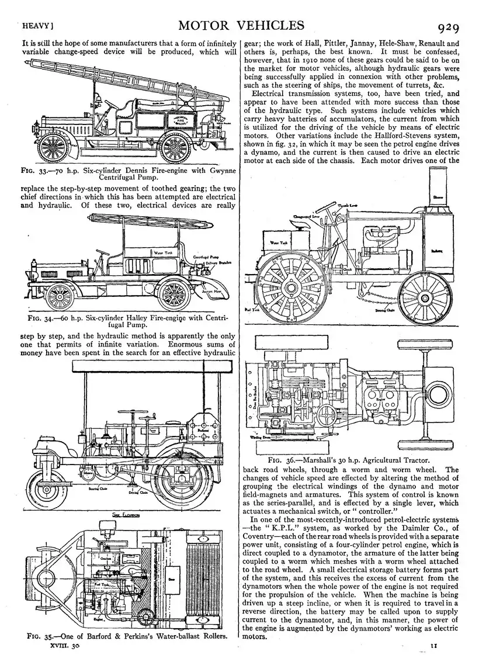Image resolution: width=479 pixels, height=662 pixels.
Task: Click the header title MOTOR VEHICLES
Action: (242, 25)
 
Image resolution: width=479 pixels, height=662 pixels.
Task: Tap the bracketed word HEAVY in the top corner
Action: (37, 27)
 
